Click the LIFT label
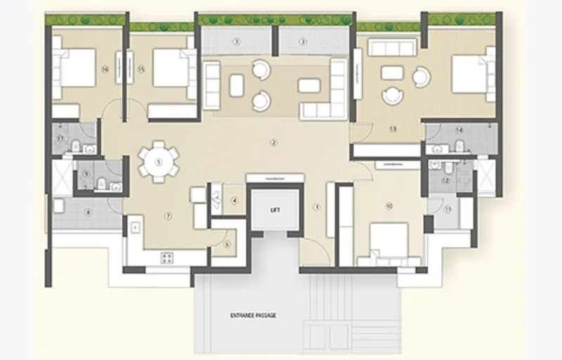[276, 210]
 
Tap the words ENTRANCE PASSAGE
[253, 316]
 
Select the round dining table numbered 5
[159, 162]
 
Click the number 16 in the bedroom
[104, 69]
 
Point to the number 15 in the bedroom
[141, 69]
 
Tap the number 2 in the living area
[274, 143]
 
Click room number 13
[393, 129]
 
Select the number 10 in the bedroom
[388, 206]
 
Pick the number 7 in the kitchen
[168, 215]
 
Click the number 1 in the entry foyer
[317, 207]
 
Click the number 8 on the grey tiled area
[89, 212]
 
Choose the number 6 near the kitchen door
[227, 244]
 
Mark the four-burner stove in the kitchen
[167, 257]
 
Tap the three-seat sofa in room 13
[393, 48]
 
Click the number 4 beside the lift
[234, 201]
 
